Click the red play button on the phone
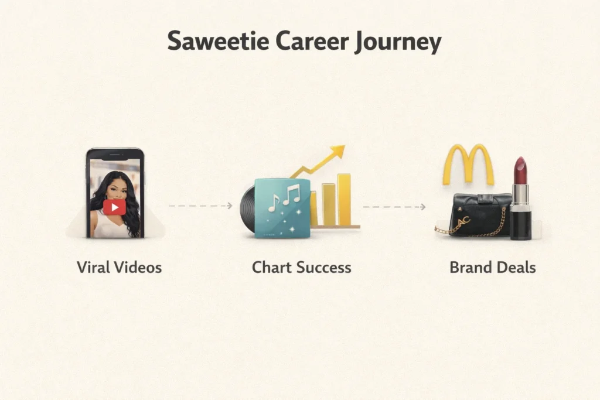coord(115,206)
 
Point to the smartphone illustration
coord(115,193)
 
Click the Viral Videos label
coord(119,268)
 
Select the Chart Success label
coord(301,268)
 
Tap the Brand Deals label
coord(492,268)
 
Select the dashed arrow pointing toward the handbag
coord(394,207)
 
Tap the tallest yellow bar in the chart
coord(344,199)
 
